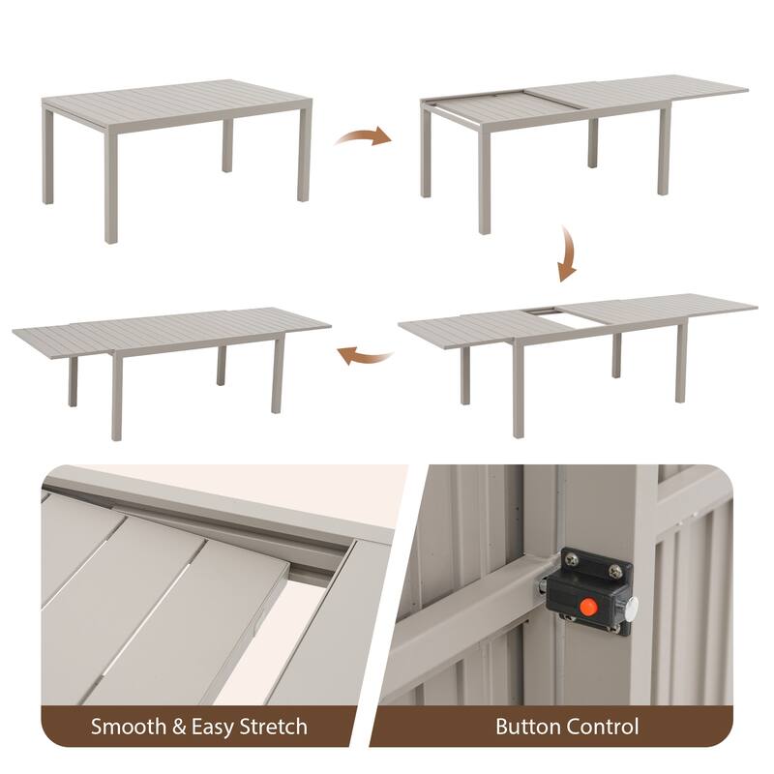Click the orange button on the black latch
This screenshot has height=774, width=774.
587,607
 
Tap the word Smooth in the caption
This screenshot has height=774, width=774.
128,727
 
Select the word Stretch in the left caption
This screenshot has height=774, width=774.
274,727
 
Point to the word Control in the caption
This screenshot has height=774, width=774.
602,727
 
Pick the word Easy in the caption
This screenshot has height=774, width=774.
212,728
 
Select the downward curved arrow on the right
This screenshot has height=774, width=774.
568,253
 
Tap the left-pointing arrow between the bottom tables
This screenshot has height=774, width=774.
365,355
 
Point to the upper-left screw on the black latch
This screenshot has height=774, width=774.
571,559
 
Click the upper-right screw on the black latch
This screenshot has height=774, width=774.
615,572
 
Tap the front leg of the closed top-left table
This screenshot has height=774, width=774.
111,184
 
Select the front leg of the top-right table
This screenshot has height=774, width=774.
485,179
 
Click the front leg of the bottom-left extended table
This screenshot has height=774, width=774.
117,394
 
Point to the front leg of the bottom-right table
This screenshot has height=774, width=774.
519,388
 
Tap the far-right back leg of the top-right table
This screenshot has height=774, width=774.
664,151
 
